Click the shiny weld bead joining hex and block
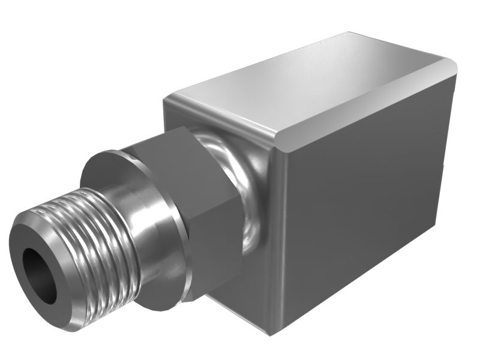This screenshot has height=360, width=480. coord(252,198)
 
